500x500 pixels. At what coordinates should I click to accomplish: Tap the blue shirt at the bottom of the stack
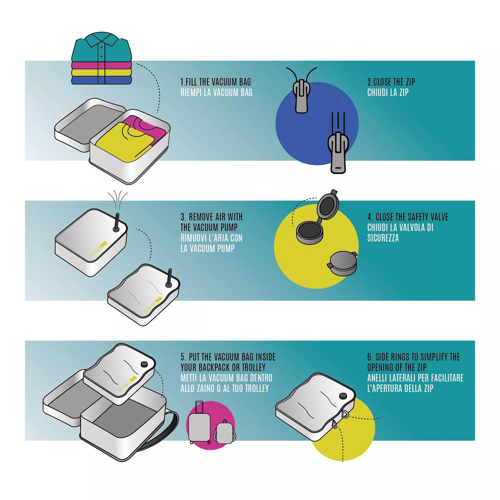point(101,80)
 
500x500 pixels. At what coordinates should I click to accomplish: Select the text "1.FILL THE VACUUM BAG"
point(216,82)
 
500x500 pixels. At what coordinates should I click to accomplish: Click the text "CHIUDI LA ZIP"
point(388,92)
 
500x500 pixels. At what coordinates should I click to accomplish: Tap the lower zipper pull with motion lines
point(338,152)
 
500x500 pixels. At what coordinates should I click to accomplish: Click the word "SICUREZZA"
point(383,238)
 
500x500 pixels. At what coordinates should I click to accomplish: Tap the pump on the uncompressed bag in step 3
point(116,222)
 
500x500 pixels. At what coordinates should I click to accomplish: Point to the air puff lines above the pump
point(118,200)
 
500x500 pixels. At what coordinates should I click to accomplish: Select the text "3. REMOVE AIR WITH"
point(211,217)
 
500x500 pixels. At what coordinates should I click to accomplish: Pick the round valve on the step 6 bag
point(343,396)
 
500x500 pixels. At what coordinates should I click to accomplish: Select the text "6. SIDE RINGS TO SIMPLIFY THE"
point(413,357)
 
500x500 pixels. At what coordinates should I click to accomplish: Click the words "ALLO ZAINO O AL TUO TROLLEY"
point(225,389)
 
